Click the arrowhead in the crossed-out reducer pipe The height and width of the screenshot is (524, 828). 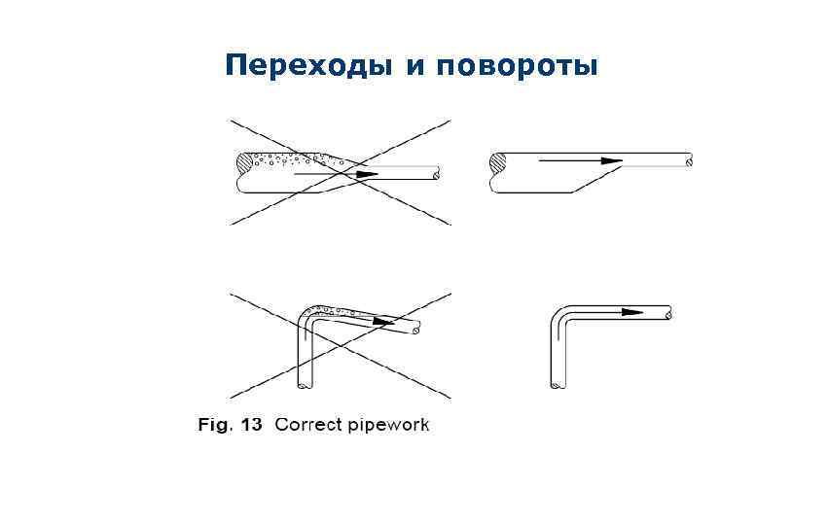click(366, 174)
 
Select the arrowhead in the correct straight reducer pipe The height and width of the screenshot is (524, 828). click(611, 160)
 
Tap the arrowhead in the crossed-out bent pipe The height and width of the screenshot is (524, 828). click(385, 322)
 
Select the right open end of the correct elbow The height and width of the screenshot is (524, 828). click(668, 313)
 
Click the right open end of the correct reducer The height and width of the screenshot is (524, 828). click(689, 160)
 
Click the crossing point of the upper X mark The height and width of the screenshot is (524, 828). click(341, 172)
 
